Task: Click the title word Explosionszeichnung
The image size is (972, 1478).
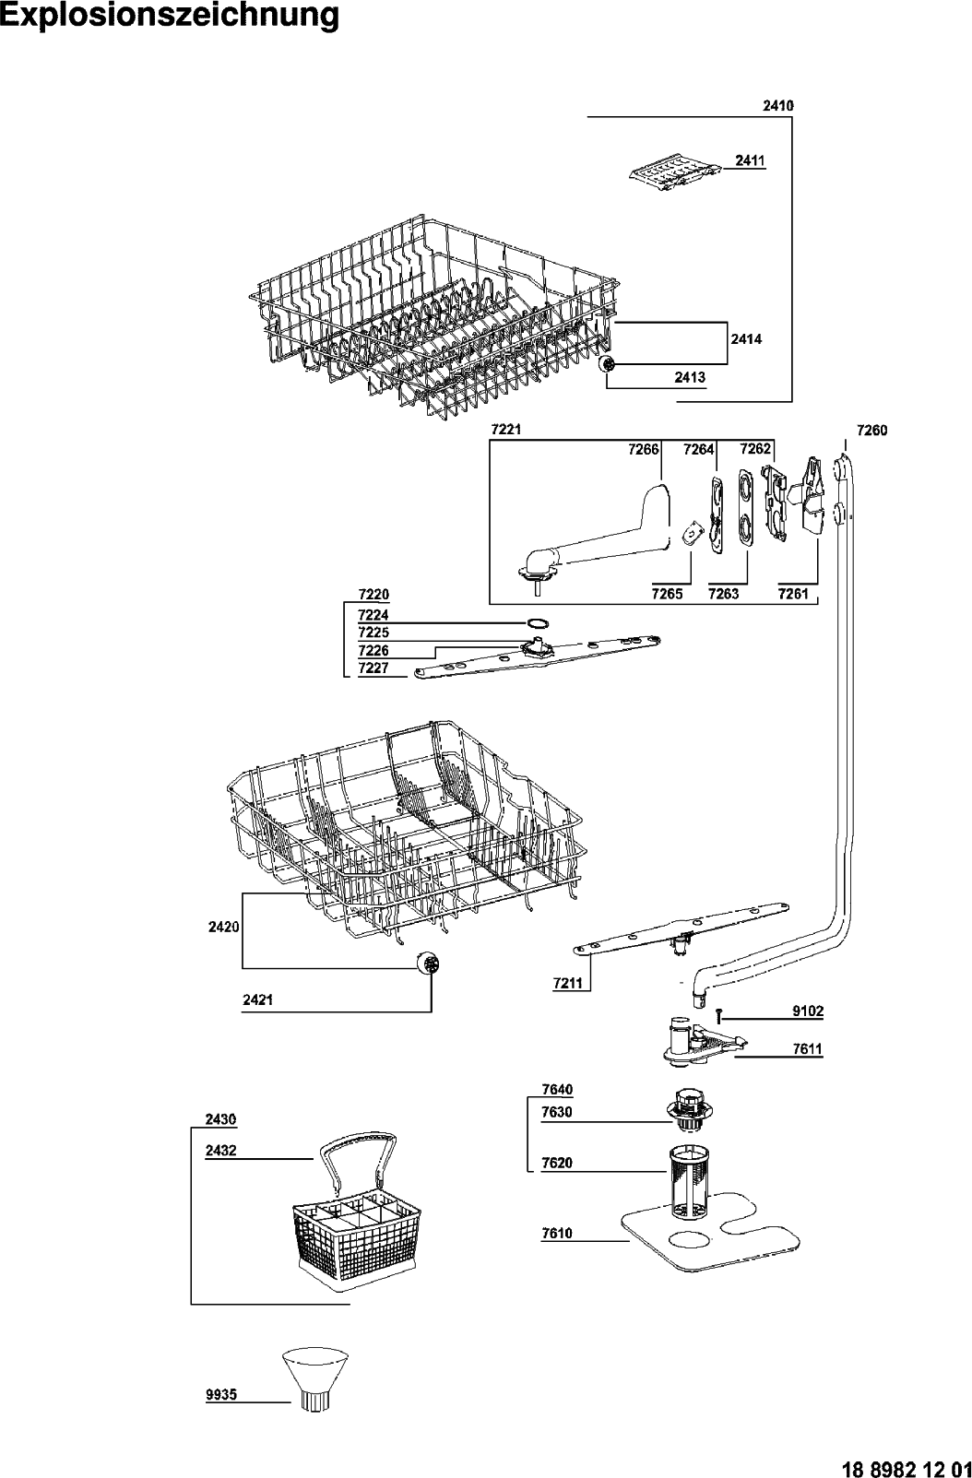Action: pos(169,16)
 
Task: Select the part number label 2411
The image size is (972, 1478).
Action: pos(750,160)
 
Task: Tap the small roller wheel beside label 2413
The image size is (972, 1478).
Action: pos(608,365)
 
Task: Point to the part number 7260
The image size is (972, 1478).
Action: pos(871,431)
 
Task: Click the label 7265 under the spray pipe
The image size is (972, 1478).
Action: pos(667,594)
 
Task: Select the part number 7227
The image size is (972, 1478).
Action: pos(373,668)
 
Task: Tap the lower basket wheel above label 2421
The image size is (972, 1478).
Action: pos(429,963)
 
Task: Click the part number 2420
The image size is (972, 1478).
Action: pos(224,928)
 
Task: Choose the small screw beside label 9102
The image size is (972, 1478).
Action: pos(717,1016)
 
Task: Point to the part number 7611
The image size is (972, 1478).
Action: pos(808,1049)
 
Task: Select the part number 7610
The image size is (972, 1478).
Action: pos(557,1233)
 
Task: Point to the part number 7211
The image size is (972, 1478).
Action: pos(567,984)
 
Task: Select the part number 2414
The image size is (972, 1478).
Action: pos(745,339)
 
